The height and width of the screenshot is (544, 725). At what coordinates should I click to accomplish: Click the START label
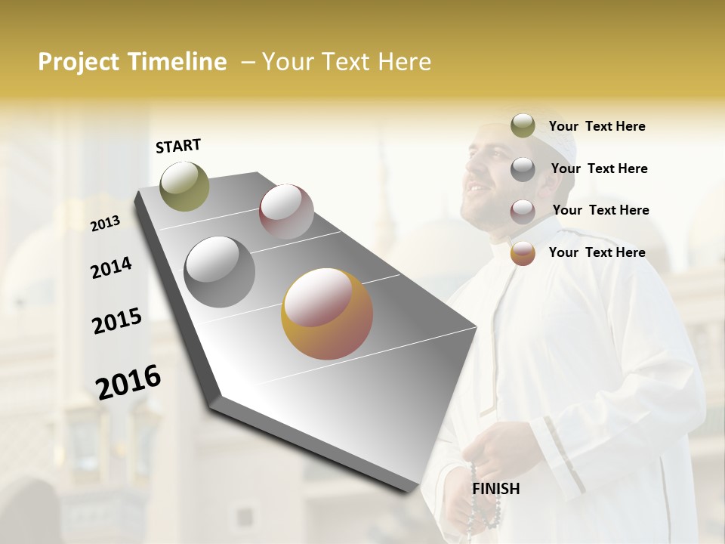[178, 146]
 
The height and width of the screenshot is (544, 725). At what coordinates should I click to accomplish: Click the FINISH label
[495, 489]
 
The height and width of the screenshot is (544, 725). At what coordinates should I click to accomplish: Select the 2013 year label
[106, 223]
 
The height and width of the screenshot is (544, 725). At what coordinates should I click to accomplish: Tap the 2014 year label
[111, 267]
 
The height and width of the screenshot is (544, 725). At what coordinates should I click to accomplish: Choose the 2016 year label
[128, 382]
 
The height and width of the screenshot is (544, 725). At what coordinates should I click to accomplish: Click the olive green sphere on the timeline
[184, 186]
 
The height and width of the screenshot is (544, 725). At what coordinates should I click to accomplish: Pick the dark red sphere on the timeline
[286, 212]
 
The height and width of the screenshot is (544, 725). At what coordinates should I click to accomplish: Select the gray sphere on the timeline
[220, 272]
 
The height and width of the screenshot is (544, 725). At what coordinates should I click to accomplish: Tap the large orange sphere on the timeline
[327, 314]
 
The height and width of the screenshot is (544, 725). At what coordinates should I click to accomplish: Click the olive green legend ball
[523, 126]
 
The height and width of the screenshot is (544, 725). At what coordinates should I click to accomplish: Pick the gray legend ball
[523, 169]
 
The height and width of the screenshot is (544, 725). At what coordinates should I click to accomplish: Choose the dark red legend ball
[523, 211]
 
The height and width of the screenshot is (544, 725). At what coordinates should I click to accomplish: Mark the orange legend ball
[523, 253]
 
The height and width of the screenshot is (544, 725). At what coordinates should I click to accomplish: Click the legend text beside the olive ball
[597, 126]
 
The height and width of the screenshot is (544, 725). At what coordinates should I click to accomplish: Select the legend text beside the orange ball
[597, 252]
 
